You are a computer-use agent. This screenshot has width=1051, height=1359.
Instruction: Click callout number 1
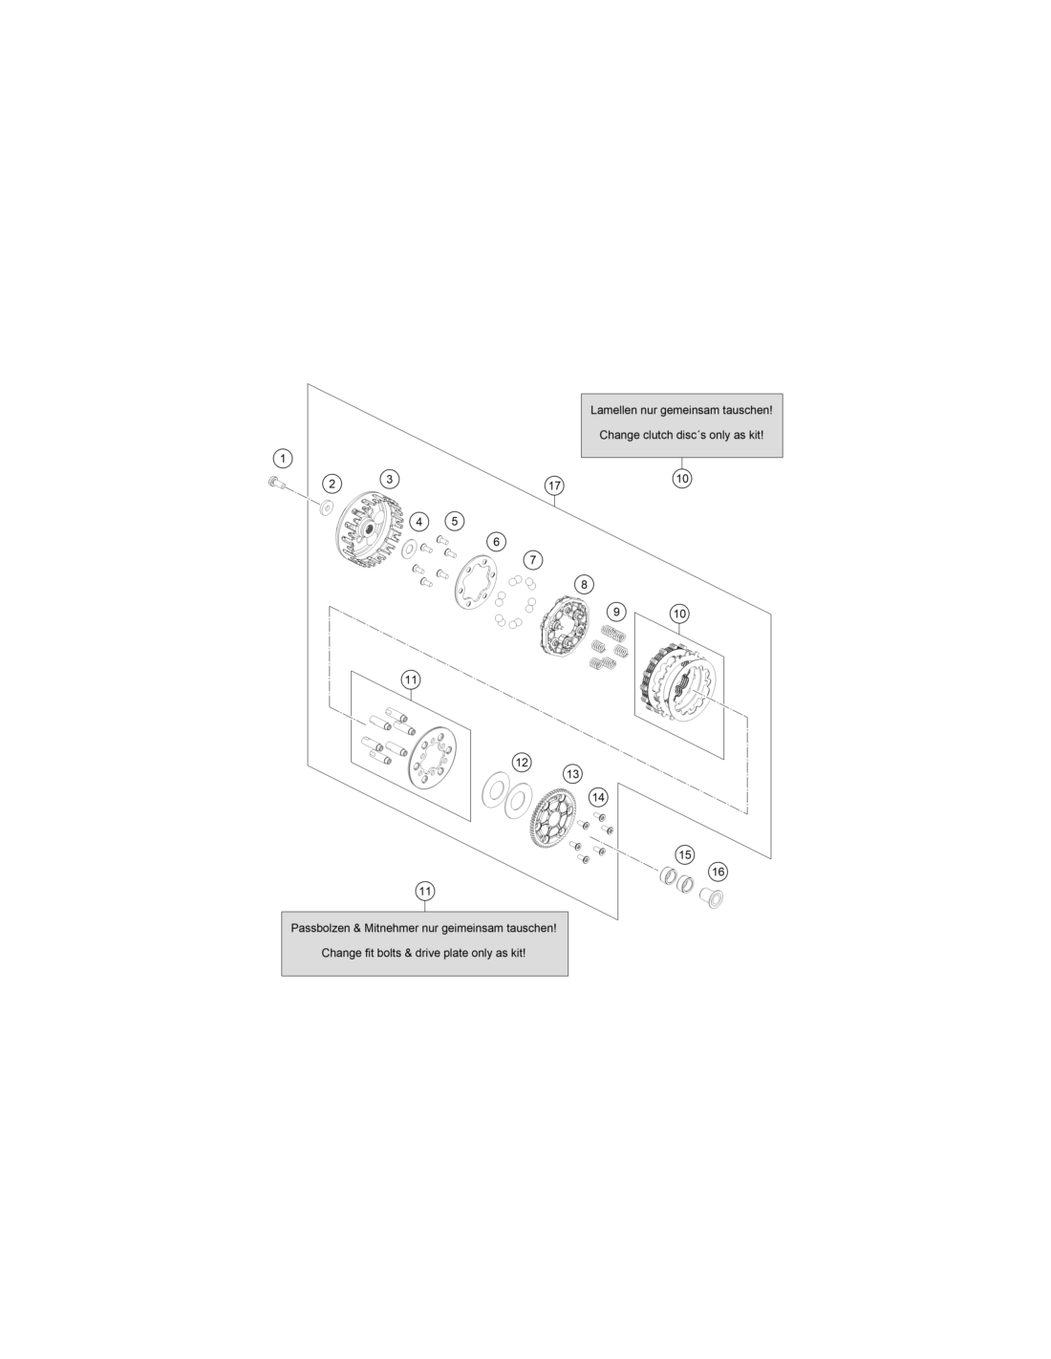pyautogui.click(x=283, y=459)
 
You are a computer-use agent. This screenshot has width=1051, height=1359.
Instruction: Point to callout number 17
pyautogui.click(x=554, y=485)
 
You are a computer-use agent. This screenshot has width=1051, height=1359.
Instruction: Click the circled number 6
pyautogui.click(x=497, y=542)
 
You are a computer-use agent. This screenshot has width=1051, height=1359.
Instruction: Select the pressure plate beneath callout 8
pyautogui.click(x=566, y=626)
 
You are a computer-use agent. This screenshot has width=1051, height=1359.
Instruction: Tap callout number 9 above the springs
pyautogui.click(x=616, y=613)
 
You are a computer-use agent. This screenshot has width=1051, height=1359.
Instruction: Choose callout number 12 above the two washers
pyautogui.click(x=522, y=763)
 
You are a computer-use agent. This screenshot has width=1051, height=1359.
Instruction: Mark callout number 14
pyautogui.click(x=598, y=797)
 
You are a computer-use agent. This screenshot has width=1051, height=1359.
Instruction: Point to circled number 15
pyautogui.click(x=685, y=855)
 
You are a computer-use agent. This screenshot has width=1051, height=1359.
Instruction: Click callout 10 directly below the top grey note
pyautogui.click(x=681, y=479)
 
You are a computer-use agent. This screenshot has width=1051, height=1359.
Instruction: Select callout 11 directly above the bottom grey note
pyautogui.click(x=425, y=892)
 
